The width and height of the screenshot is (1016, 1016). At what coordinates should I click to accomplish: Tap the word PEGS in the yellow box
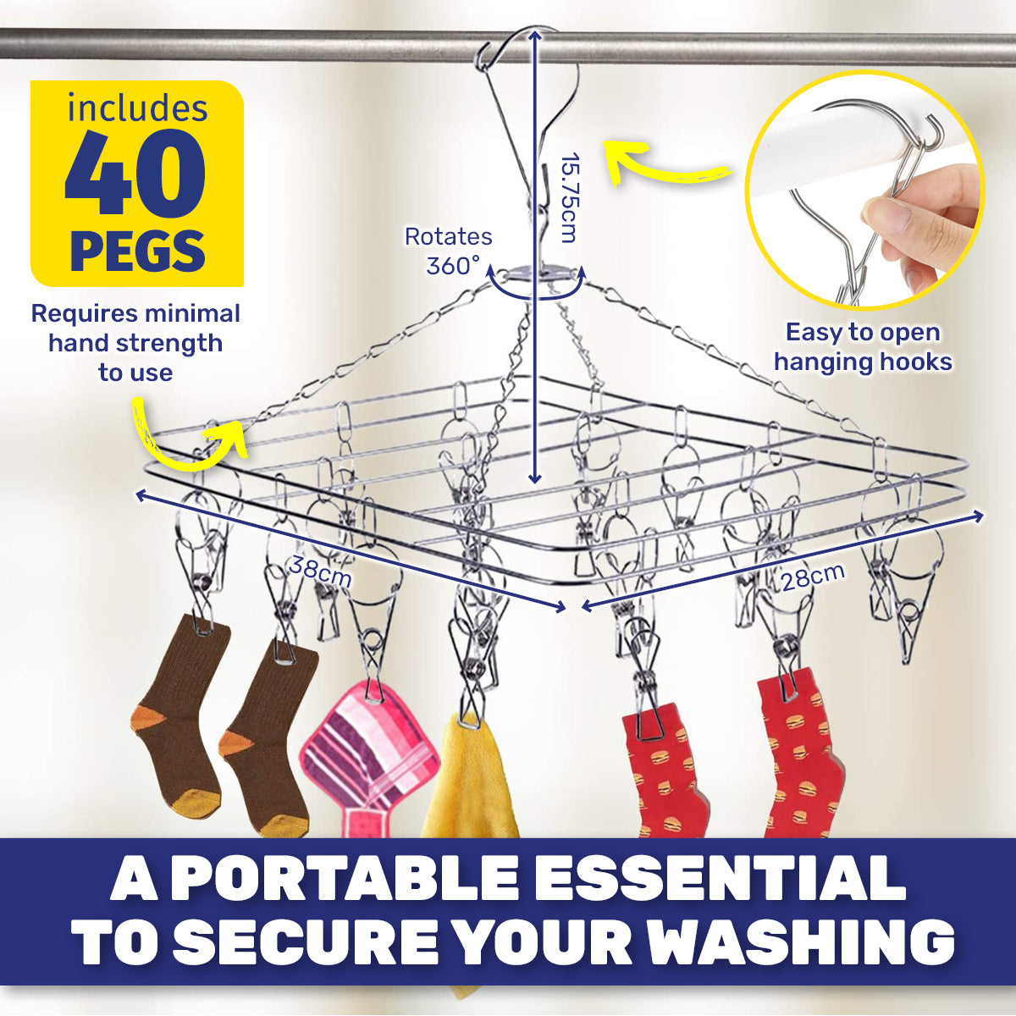click(x=137, y=251)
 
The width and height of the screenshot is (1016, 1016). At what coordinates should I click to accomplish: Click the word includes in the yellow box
click(x=137, y=108)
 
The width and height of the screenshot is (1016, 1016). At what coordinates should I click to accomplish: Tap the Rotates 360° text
click(x=449, y=251)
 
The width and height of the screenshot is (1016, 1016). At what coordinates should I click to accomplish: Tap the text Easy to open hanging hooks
click(x=862, y=346)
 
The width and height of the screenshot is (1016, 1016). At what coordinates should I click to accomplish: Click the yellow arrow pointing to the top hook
click(x=660, y=165)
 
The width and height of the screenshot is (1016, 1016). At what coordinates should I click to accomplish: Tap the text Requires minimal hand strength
click(x=135, y=329)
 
